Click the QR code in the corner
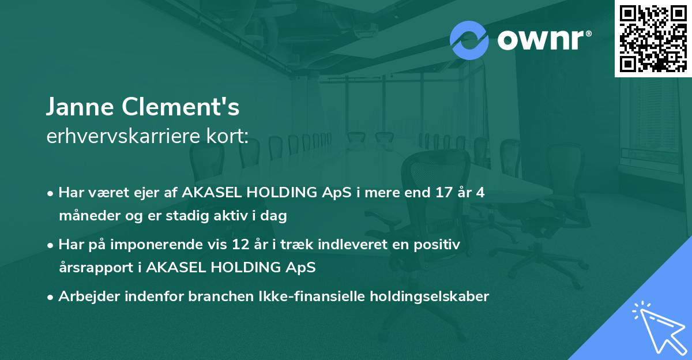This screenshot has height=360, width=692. tap(653, 38)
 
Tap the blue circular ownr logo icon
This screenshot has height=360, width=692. tap(469, 40)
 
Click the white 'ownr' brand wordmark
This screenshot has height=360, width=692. tap(541, 40)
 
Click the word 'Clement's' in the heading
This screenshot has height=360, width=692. tap(180, 106)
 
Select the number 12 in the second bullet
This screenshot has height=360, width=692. tap(240, 244)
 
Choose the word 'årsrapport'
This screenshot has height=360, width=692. tap(96, 268)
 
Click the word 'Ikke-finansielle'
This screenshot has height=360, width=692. tap(312, 296)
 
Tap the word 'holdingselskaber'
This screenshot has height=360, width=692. tap(430, 297)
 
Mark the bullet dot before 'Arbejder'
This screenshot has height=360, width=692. tap(50, 298)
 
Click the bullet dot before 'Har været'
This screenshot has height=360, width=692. tap(50, 194)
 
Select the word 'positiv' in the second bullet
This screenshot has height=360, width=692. tap(437, 245)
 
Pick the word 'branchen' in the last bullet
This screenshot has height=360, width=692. tap(221, 296)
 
